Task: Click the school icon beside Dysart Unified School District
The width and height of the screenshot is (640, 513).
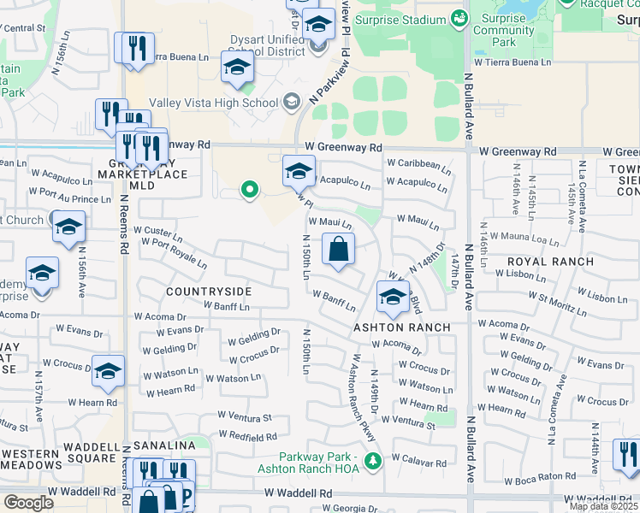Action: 237,68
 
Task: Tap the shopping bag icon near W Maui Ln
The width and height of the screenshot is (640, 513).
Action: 339,250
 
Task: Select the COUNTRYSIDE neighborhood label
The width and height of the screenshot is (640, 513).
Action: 209,292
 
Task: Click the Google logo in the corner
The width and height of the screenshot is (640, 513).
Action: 28,502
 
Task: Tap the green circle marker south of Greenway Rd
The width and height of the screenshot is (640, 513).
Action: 249,189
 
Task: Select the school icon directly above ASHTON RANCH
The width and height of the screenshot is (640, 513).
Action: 392,298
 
